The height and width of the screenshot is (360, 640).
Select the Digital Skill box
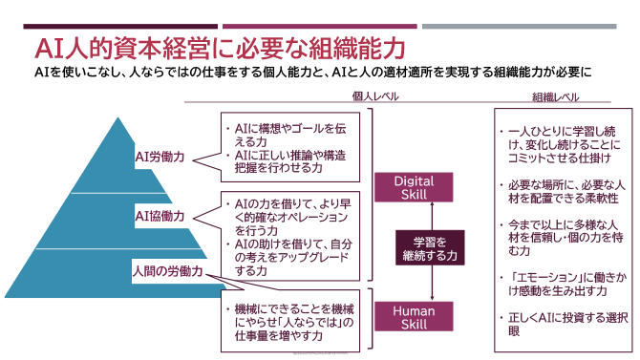click(x=414, y=187)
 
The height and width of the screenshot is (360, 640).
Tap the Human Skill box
click(x=414, y=316)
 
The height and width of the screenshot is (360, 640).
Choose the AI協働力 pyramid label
click(x=160, y=216)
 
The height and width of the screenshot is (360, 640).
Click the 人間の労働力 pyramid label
click(x=169, y=271)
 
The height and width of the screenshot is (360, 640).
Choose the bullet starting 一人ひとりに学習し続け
click(x=559, y=142)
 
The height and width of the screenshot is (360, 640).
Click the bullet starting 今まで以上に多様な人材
click(x=559, y=237)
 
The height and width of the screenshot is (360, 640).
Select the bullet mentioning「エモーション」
click(x=559, y=282)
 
